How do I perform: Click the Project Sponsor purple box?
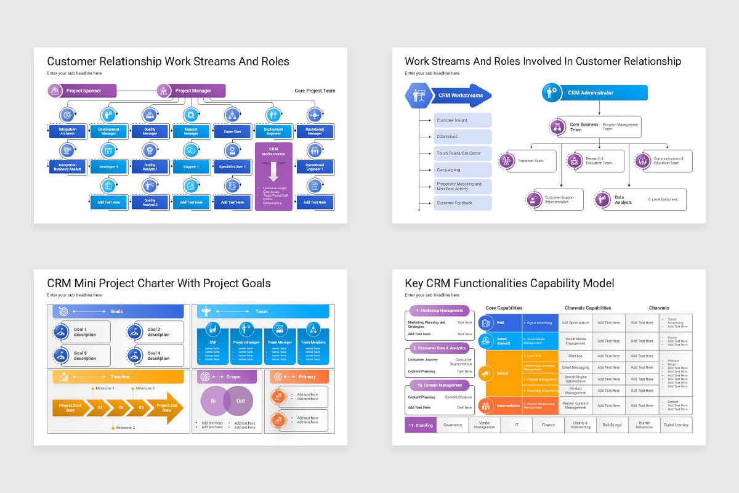[83, 91]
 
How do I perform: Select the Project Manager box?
[192, 91]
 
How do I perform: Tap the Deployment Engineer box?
[273, 131]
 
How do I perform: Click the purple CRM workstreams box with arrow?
[273, 176]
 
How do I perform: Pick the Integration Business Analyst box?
[68, 166]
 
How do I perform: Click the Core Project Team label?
[315, 91]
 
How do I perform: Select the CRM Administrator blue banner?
[595, 93]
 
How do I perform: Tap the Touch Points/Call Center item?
[462, 153]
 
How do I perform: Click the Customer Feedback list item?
[462, 203]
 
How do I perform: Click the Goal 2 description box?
[155, 332]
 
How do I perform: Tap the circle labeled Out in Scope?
[240, 401]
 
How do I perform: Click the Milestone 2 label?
[125, 427]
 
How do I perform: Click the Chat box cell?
[575, 356]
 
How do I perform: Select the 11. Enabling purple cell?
[421, 425]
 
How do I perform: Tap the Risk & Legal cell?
[612, 425]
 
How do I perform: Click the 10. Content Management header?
[437, 385]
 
